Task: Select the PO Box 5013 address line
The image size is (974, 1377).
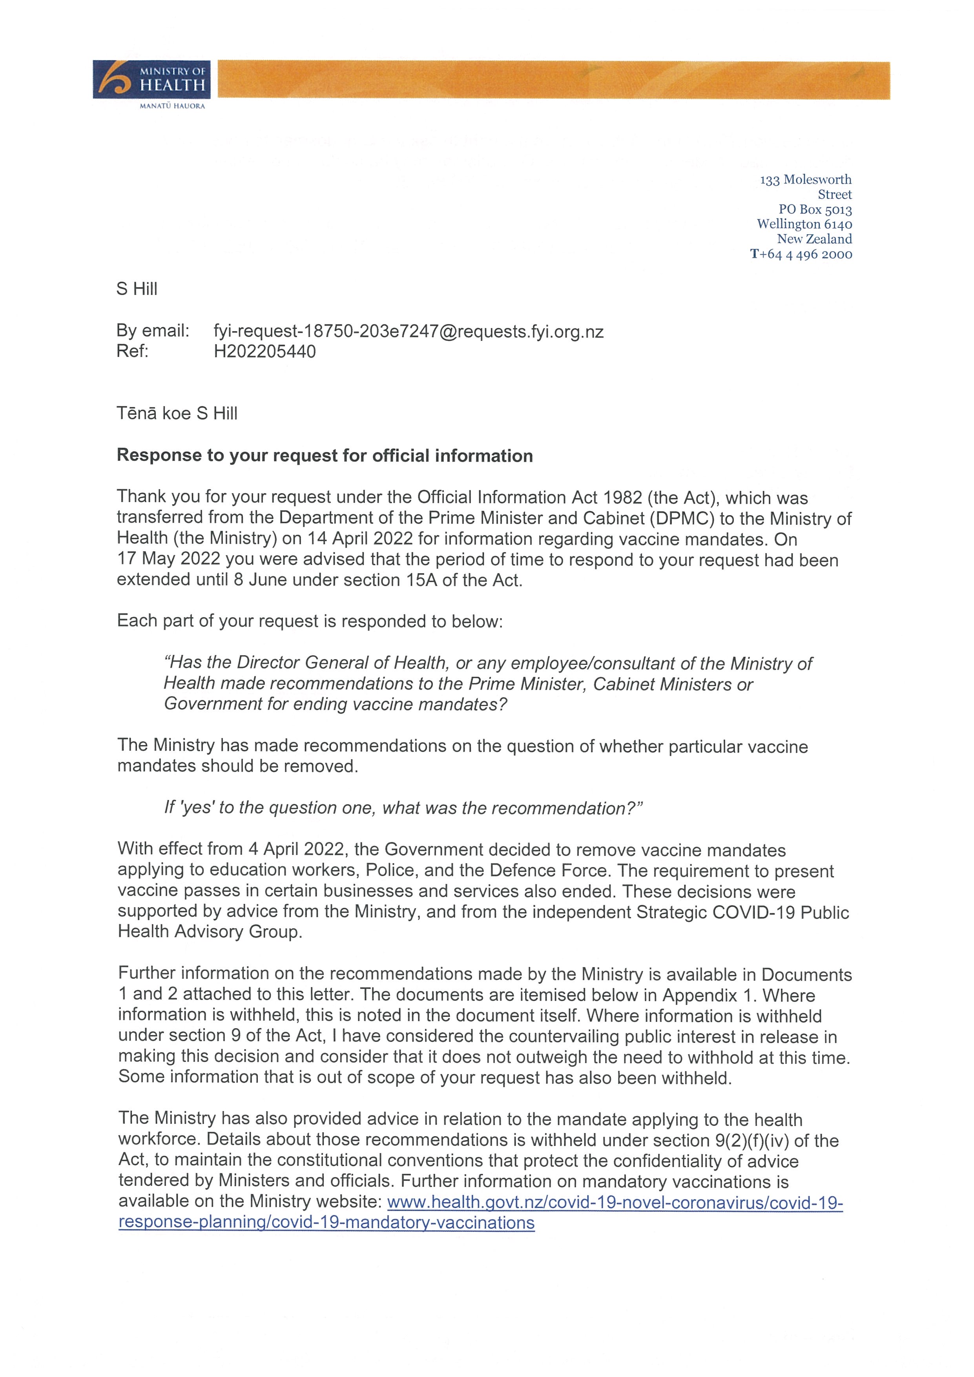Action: [815, 209]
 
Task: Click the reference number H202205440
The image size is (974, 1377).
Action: [264, 352]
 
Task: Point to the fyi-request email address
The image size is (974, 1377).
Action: [409, 331]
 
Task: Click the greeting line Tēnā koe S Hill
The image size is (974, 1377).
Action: [177, 413]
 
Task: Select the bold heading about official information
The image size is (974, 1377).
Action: [325, 456]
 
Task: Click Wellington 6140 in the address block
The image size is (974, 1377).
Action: [804, 224]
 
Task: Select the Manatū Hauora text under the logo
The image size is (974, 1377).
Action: [172, 106]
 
